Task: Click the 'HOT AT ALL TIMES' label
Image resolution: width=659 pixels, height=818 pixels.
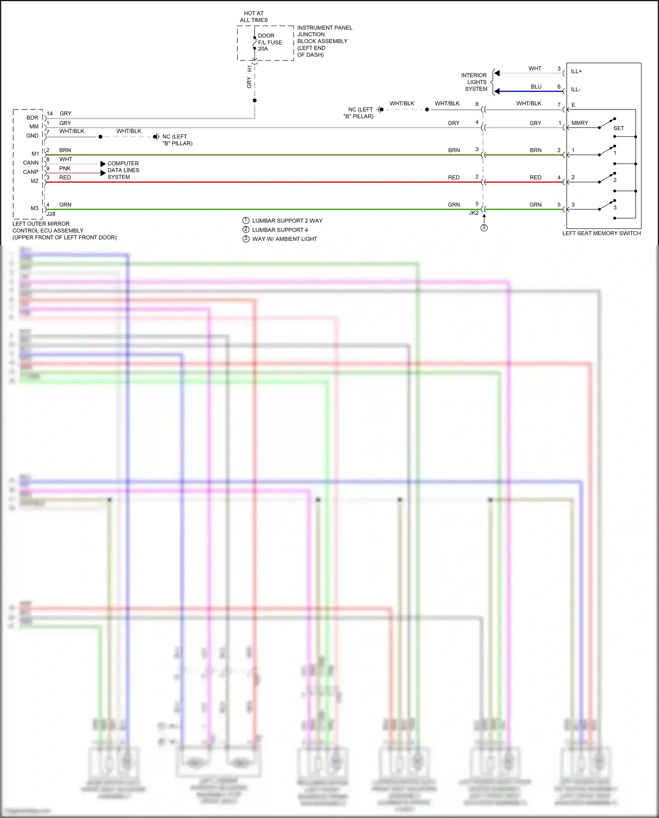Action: pos(253,17)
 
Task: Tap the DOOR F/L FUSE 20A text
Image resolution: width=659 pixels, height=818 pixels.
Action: pos(269,42)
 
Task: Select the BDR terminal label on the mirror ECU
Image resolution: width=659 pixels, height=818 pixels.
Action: pos(32,118)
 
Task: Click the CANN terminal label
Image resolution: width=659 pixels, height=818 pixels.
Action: pos(31,163)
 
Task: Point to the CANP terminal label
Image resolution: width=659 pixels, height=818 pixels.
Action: pos(31,172)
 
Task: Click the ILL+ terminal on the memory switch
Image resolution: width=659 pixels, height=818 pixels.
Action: pos(576,71)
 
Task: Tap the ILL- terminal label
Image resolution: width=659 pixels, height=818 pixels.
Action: pos(576,89)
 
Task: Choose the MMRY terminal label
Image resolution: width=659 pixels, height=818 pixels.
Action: pos(579,123)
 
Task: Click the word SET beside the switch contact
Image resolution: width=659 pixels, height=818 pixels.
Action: pos(619,128)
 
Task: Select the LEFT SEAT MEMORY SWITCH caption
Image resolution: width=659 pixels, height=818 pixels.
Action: pos(601,233)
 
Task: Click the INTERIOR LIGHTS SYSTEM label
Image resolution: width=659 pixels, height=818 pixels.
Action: pos(476,82)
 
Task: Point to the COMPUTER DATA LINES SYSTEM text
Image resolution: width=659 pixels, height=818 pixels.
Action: pos(123,170)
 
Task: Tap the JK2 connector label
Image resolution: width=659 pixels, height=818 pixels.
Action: pos(474,213)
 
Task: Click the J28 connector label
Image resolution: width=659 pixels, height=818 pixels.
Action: pos(51,214)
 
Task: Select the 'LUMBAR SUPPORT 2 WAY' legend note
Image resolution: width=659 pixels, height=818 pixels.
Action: pos(287,221)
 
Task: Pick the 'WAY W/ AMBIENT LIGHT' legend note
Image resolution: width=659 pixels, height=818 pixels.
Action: pos(284,239)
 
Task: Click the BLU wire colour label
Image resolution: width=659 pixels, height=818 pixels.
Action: pos(536,87)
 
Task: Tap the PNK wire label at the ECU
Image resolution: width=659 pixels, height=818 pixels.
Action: pos(65,168)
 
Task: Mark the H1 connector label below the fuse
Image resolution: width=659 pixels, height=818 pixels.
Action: pos(250,69)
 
